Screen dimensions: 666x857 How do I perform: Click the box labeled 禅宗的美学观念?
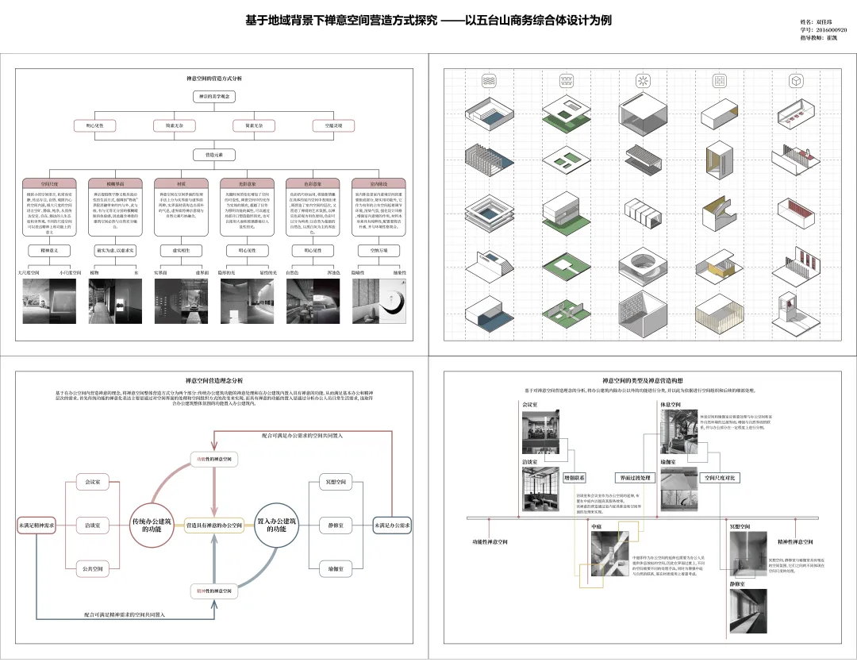[215, 96]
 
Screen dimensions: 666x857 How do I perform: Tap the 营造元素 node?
[215, 154]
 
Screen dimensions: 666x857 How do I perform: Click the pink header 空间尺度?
[44, 183]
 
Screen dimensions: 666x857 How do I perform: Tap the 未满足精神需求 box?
[37, 525]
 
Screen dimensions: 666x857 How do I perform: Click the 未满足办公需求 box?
[393, 525]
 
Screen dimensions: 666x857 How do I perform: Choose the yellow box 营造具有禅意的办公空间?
[214, 525]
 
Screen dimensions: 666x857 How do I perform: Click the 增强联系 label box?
[574, 479]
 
